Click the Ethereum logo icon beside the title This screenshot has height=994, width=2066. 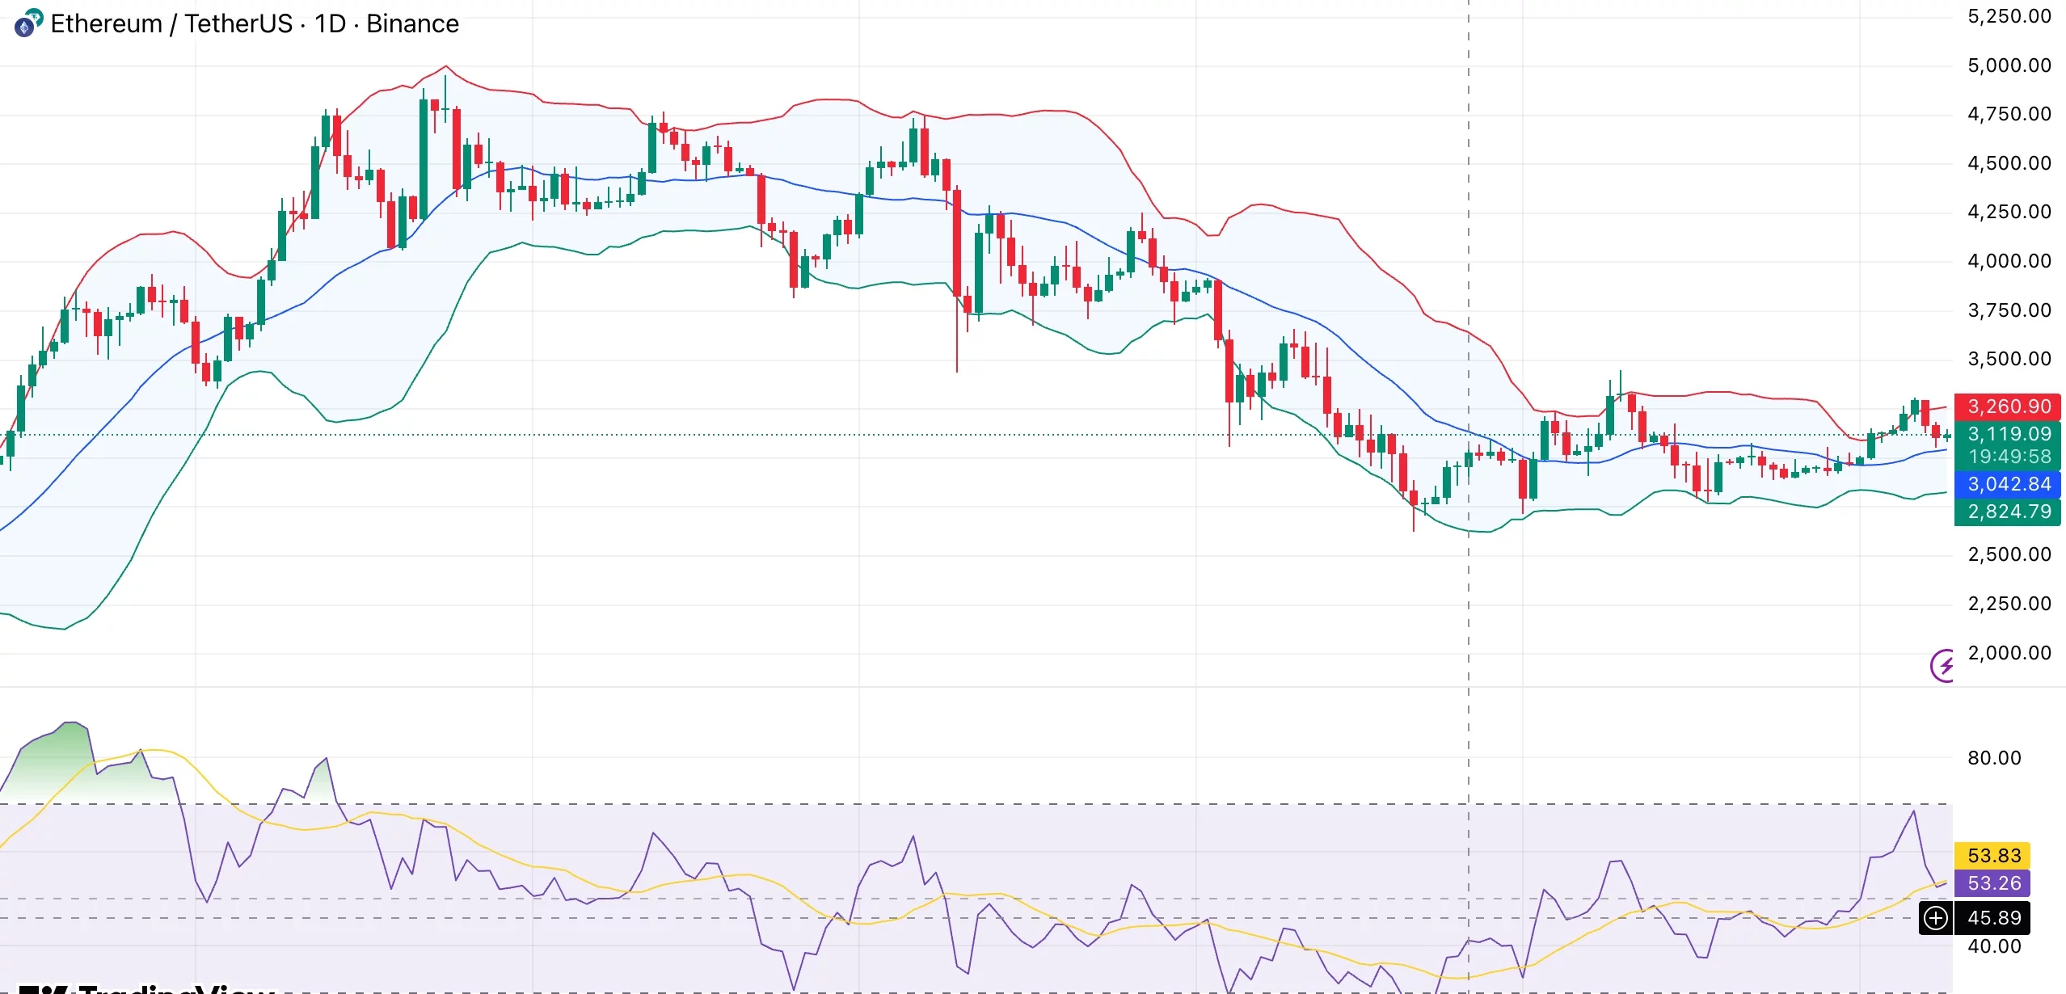pyautogui.click(x=27, y=23)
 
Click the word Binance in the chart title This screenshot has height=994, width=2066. pyautogui.click(x=412, y=24)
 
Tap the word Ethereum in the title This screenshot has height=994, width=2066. pyautogui.click(x=106, y=24)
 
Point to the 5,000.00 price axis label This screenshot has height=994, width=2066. pyautogui.click(x=2009, y=65)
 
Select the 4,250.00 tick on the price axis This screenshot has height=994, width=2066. pyautogui.click(x=2009, y=212)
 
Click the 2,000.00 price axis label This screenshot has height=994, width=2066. pyautogui.click(x=2009, y=653)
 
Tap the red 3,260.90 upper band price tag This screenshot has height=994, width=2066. pyautogui.click(x=2009, y=406)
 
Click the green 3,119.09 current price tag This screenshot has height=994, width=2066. pyautogui.click(x=2009, y=434)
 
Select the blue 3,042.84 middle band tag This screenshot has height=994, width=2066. pyautogui.click(x=2009, y=484)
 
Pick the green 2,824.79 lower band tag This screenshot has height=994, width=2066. pyautogui.click(x=2009, y=512)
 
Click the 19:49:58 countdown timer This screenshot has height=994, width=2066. pyautogui.click(x=2009, y=457)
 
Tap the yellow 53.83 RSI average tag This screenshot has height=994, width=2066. pyautogui.click(x=1993, y=856)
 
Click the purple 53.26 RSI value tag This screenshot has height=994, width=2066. pyautogui.click(x=1993, y=883)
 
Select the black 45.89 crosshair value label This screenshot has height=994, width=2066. pyautogui.click(x=1993, y=918)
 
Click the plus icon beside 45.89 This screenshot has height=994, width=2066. pyautogui.click(x=1936, y=918)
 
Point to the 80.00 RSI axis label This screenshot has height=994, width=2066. pyautogui.click(x=1993, y=758)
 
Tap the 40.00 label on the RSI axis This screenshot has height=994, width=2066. pyautogui.click(x=1993, y=946)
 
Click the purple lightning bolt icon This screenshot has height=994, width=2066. pyautogui.click(x=1942, y=666)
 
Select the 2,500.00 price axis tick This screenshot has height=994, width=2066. pyautogui.click(x=2009, y=554)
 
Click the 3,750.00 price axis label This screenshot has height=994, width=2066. pyautogui.click(x=2009, y=310)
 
